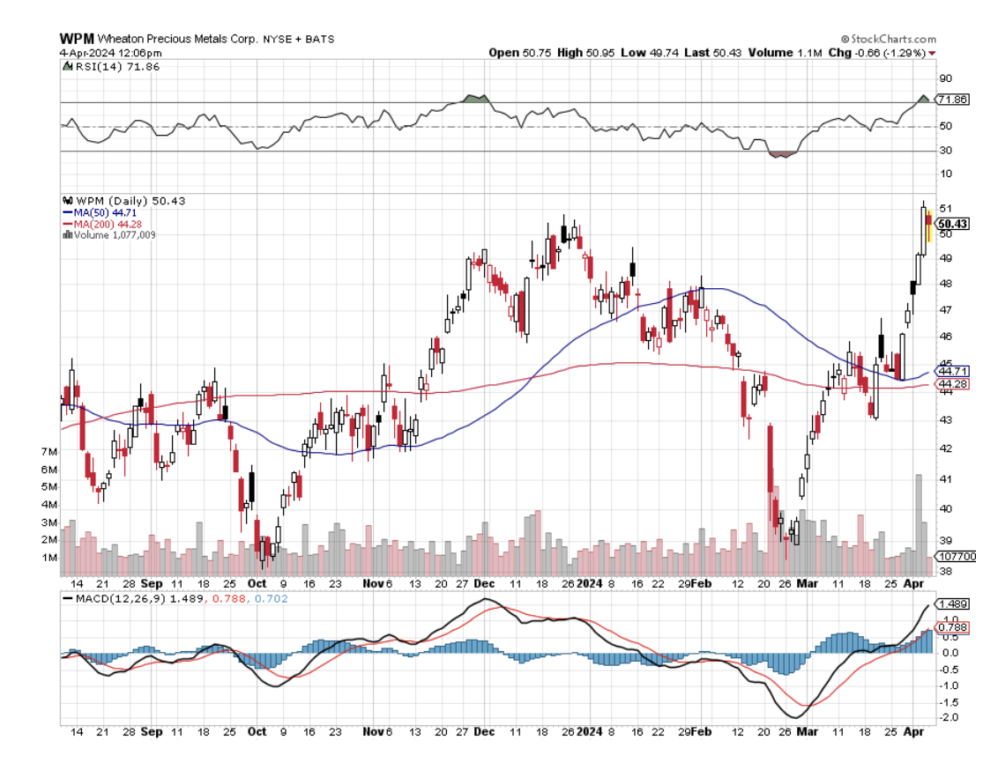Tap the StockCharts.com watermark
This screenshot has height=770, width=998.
click(x=890, y=39)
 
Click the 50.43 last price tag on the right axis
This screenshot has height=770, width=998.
click(x=954, y=224)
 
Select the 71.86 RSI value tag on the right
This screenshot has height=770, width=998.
click(x=954, y=100)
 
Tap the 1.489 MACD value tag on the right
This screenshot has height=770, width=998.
click(x=954, y=603)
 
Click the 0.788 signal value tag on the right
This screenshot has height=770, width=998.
click(x=954, y=627)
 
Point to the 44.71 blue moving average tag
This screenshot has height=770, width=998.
click(x=954, y=372)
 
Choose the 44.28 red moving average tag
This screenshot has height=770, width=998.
click(x=954, y=384)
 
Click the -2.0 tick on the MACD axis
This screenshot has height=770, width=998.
click(x=950, y=718)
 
